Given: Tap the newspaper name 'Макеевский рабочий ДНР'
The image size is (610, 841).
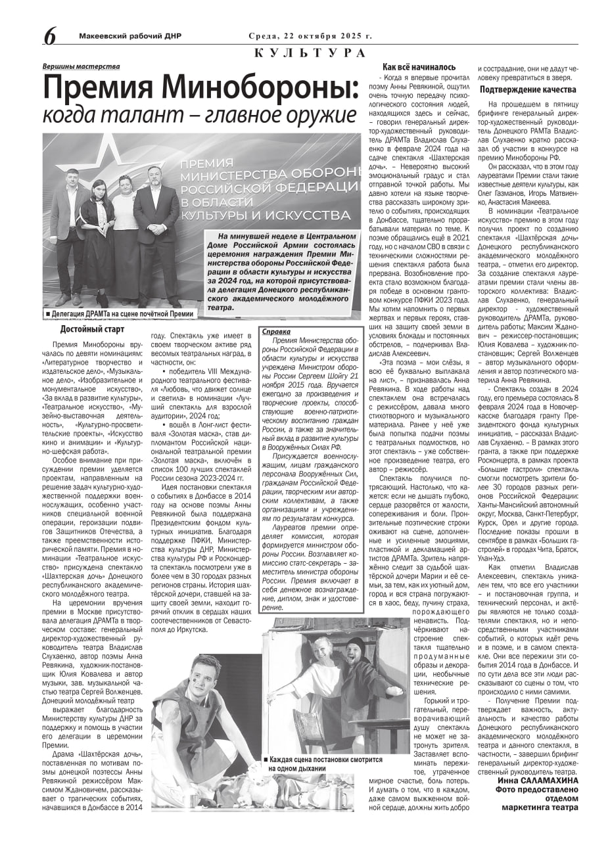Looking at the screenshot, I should click(x=129, y=36).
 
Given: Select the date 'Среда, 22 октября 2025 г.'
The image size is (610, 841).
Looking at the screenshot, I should click(x=310, y=36).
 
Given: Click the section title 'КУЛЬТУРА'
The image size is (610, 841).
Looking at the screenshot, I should click(x=309, y=53).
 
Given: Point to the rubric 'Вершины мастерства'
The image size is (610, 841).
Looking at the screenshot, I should click(x=81, y=66).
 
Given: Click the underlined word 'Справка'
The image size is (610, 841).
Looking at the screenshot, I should click(x=276, y=332).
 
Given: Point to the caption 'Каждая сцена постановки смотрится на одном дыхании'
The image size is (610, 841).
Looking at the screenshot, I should click(x=322, y=763).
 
